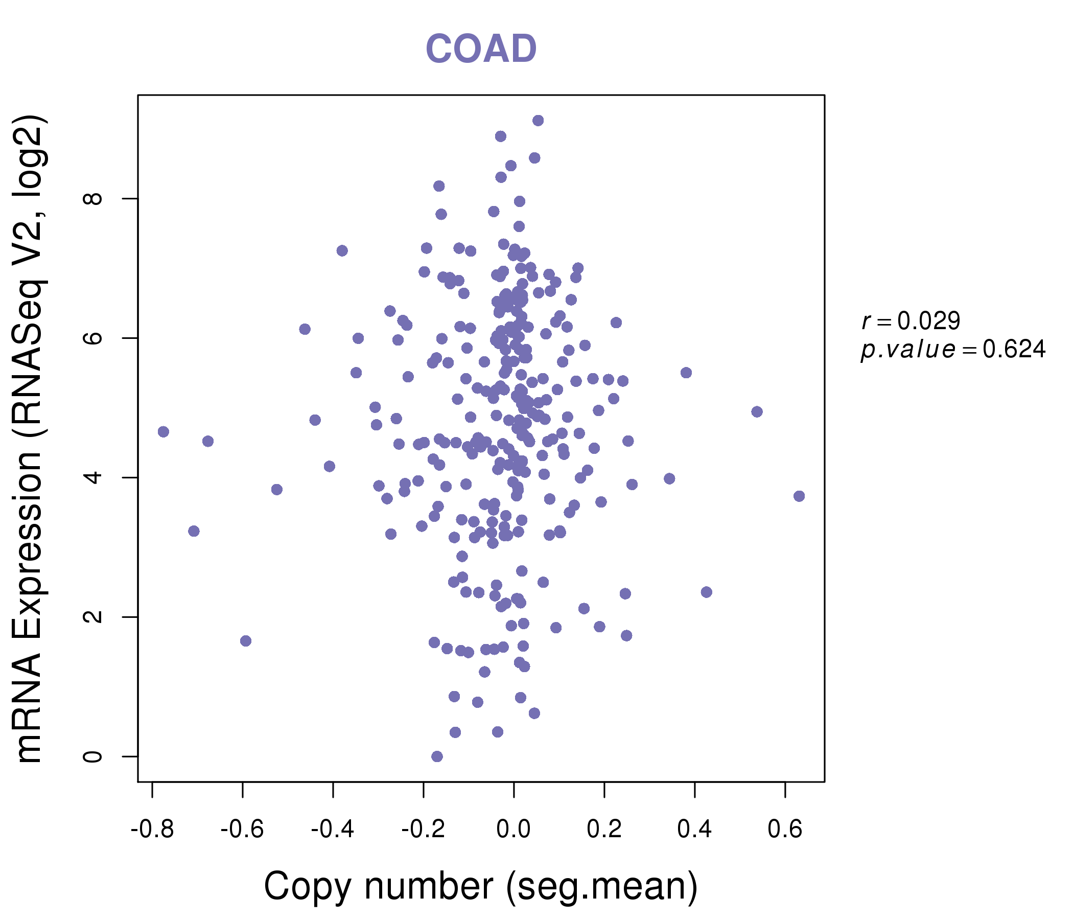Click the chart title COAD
point(481,49)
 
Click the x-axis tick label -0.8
point(152,830)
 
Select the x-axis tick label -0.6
point(242,830)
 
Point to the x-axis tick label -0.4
point(333,830)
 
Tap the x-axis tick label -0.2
point(423,830)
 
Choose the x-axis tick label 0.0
point(513,830)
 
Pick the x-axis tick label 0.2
point(604,830)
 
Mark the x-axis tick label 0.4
point(694,830)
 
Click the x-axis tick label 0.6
point(785,830)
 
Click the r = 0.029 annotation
point(911,321)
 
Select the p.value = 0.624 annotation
point(953,350)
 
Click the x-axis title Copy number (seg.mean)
point(481,886)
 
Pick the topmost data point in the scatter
point(538,121)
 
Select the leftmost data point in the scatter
point(163,431)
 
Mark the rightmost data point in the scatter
point(799,496)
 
